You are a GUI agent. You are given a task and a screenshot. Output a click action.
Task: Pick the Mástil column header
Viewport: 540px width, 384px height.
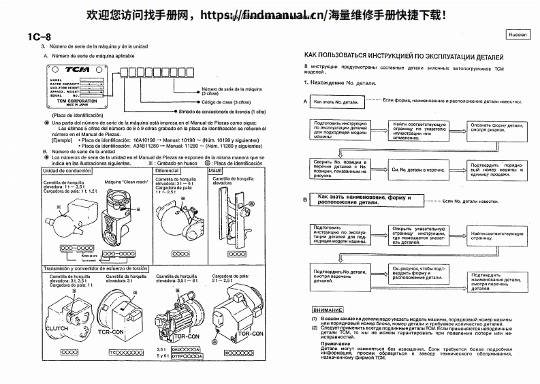pyautogui.click(x=217, y=170)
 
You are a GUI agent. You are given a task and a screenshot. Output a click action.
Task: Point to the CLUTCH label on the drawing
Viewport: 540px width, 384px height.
pyautogui.click(x=57, y=328)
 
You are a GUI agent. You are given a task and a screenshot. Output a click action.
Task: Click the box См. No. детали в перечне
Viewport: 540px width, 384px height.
pyautogui.click(x=417, y=170)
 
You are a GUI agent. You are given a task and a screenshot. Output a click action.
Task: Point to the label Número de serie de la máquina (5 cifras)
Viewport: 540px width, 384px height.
pyautogui.click(x=229, y=91)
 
